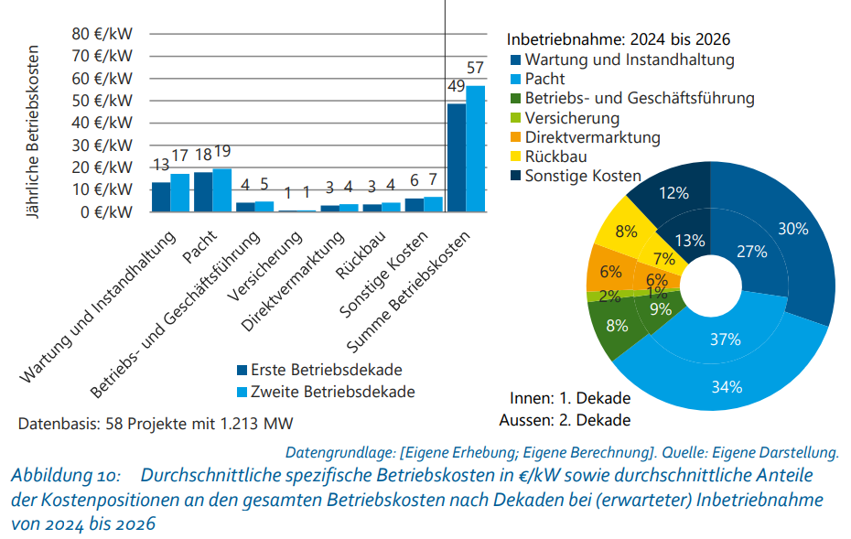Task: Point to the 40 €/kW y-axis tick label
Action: coord(102,123)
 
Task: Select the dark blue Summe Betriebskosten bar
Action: coord(456,157)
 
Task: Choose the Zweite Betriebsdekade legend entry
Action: coord(325,392)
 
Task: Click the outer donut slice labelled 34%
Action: coord(726,386)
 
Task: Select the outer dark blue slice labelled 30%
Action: coord(792,229)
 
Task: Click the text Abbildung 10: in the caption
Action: coord(64,476)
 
